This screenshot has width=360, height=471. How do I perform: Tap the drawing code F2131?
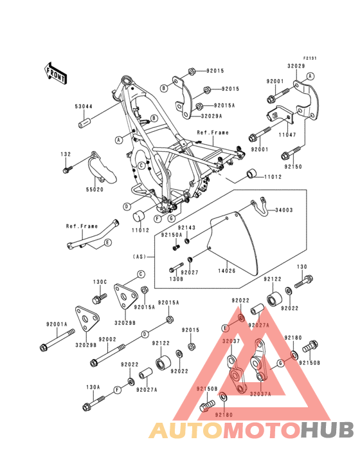pos(310,58)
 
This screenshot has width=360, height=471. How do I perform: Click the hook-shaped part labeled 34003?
pos(260,205)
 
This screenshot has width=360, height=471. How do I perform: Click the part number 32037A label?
pos(260,393)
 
